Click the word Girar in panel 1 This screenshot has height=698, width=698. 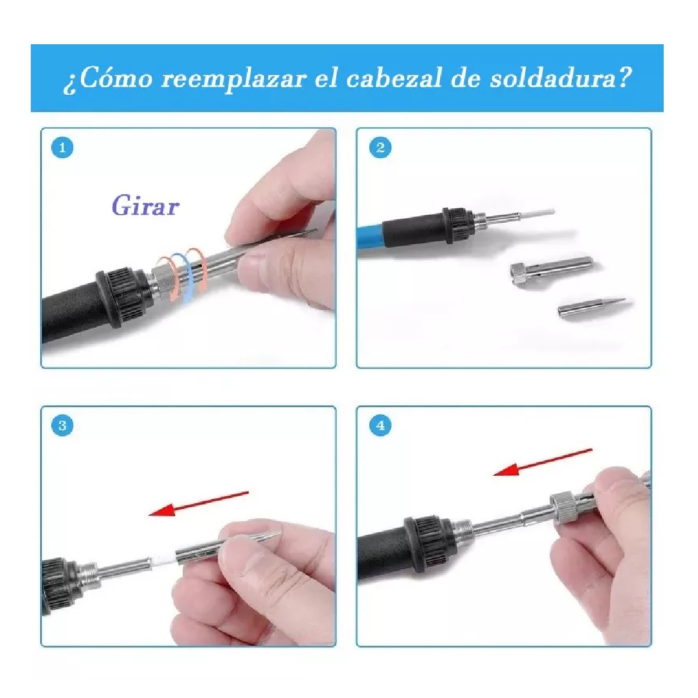(x=145, y=206)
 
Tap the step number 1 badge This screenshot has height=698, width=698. (x=62, y=148)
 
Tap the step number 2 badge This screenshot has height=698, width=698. (x=380, y=148)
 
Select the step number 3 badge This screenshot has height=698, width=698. (x=62, y=426)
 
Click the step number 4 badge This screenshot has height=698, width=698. (x=380, y=426)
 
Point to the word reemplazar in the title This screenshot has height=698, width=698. (x=233, y=79)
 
